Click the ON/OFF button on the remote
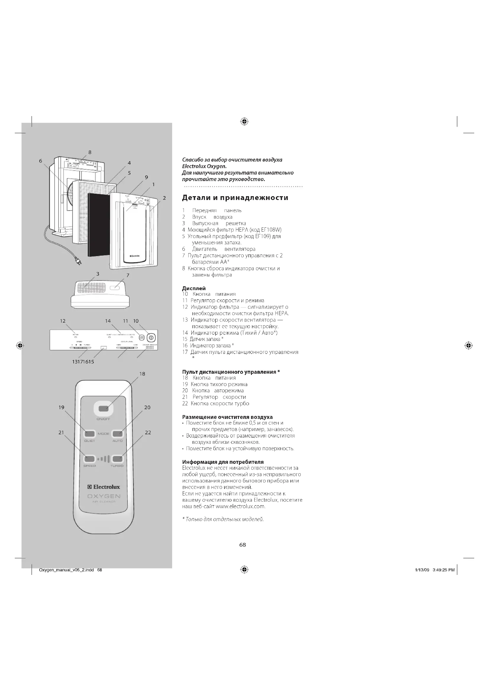click(103, 408)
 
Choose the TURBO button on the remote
click(117, 459)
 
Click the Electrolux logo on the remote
click(103, 487)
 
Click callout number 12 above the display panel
click(63, 321)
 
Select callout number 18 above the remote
click(143, 374)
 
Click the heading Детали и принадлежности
click(235, 198)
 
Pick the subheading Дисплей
click(194, 288)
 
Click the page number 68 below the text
click(242, 545)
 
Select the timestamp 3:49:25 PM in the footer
click(443, 570)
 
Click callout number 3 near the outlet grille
click(98, 274)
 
